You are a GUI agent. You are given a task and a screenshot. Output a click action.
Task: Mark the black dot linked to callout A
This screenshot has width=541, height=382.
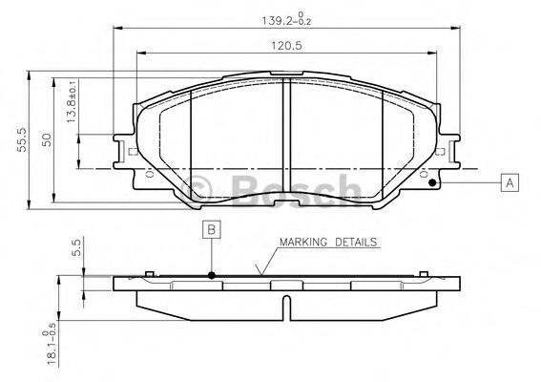432,182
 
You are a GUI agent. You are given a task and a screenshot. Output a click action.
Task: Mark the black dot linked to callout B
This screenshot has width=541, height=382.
212,276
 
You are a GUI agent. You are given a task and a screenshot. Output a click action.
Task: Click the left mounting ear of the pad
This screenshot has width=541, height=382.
124,150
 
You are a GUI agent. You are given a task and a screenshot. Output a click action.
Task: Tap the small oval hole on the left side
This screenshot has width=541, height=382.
149,176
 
